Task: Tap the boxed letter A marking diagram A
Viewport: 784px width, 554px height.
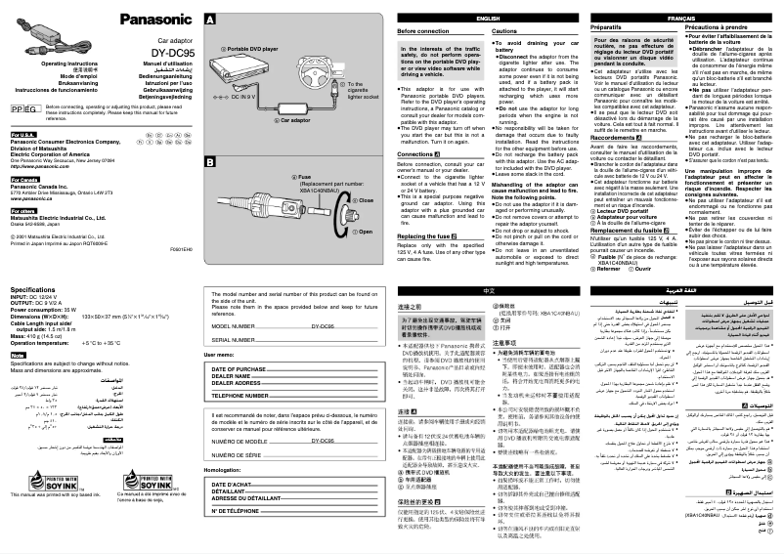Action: pyautogui.click(x=210, y=20)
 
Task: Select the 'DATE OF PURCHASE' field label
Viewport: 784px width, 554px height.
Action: pyautogui.click(x=239, y=368)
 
